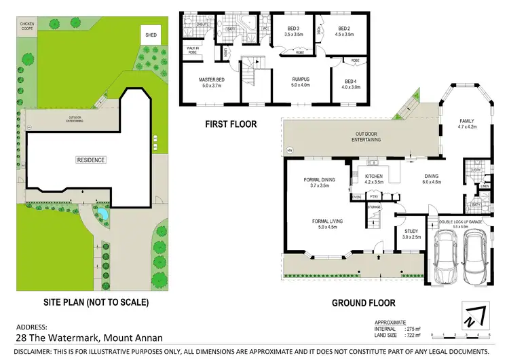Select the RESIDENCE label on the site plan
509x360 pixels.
(x=90, y=160)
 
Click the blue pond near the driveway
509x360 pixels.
(x=101, y=216)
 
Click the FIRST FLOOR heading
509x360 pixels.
(x=231, y=124)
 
